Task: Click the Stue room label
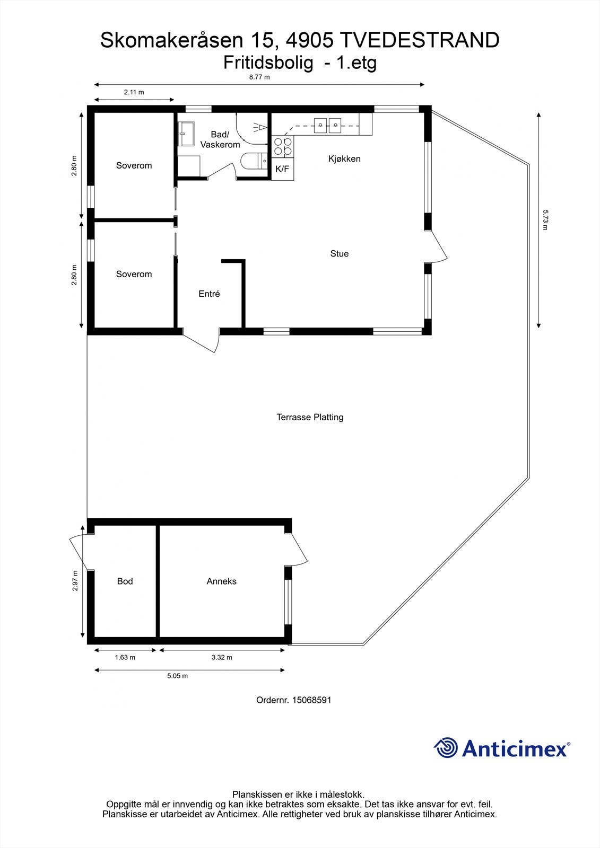(339, 254)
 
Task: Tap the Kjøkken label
(344, 159)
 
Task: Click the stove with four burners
(282, 147)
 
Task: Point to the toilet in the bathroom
(254, 161)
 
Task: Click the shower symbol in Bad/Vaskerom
(259, 127)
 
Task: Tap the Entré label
(209, 294)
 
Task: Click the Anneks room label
(221, 581)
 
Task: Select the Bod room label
(125, 581)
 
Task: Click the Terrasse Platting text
(310, 417)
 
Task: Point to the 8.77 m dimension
(259, 77)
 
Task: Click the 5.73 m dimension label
(544, 220)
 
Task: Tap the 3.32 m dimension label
(222, 658)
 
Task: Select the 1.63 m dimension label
(125, 658)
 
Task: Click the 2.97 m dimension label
(75, 581)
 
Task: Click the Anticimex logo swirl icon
(446, 748)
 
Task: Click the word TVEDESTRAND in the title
(419, 40)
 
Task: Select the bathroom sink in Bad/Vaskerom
(186, 134)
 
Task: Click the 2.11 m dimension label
(134, 92)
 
